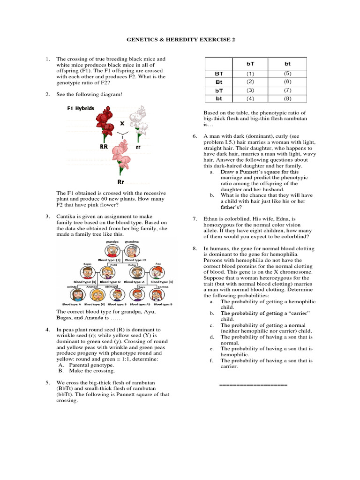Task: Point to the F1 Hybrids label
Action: click(x=81, y=108)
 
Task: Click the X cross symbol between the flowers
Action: click(x=122, y=123)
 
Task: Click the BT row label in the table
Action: click(x=218, y=73)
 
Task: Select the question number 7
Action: click(x=195, y=219)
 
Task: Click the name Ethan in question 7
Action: click(x=211, y=219)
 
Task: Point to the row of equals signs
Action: click(x=253, y=384)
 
